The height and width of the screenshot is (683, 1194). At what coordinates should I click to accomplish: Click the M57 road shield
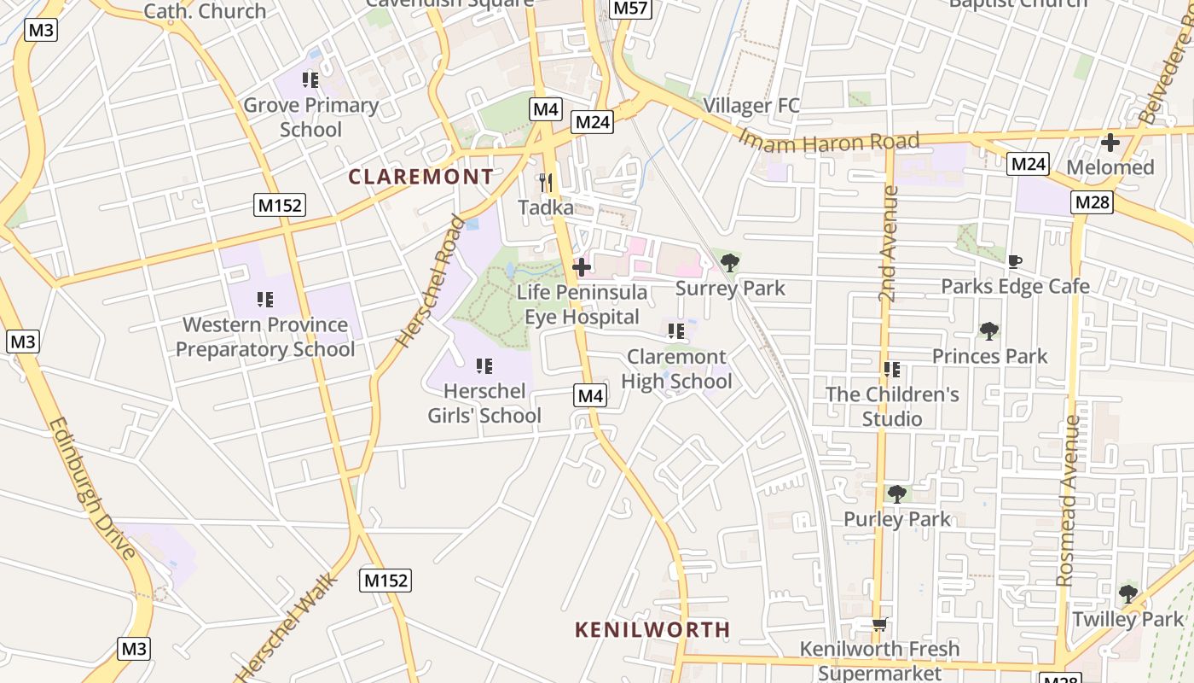pyautogui.click(x=630, y=9)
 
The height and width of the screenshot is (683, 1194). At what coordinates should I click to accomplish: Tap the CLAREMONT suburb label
pyautogui.click(x=420, y=177)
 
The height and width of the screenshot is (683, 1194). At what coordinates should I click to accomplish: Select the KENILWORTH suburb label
pyautogui.click(x=652, y=630)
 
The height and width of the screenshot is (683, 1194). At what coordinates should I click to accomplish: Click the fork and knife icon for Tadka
pyautogui.click(x=546, y=182)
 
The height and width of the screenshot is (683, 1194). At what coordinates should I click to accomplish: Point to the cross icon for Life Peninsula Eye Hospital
pyautogui.click(x=582, y=267)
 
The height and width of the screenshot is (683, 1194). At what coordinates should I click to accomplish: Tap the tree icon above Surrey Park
pyautogui.click(x=730, y=262)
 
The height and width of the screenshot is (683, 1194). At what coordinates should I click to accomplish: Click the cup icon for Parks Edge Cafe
pyautogui.click(x=1014, y=261)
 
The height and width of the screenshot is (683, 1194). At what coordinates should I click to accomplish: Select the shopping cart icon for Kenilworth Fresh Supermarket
pyautogui.click(x=879, y=624)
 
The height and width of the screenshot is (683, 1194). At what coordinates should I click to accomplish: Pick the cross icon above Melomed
pyautogui.click(x=1110, y=143)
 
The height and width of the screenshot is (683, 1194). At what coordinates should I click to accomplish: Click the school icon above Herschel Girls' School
pyautogui.click(x=484, y=366)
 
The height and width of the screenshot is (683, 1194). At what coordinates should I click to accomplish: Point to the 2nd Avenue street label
pyautogui.click(x=889, y=244)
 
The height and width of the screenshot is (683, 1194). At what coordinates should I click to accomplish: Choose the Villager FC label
pyautogui.click(x=751, y=106)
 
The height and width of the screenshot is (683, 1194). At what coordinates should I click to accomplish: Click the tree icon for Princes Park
pyautogui.click(x=989, y=330)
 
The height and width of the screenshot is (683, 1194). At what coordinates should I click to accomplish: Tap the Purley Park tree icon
pyautogui.click(x=896, y=493)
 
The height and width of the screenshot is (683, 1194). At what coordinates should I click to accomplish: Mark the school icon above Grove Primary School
pyautogui.click(x=310, y=80)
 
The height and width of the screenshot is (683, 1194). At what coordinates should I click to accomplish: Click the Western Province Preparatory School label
pyautogui.click(x=265, y=337)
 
